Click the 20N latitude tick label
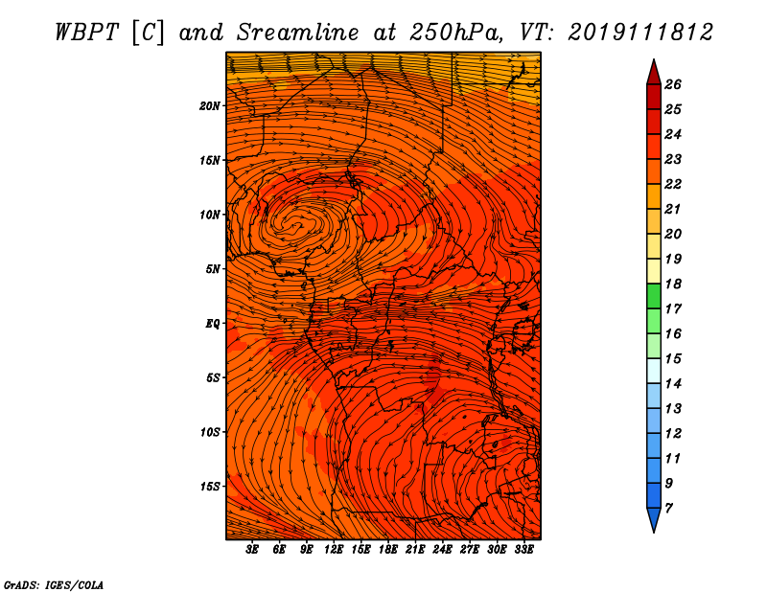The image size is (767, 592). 210,106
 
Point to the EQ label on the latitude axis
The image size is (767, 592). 212,324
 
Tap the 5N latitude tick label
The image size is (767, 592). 213,269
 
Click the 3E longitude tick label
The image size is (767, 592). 252,550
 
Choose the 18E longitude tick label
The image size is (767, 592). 388,550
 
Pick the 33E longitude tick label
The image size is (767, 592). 523,550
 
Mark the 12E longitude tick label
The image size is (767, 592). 334,550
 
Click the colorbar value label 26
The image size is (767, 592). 673,84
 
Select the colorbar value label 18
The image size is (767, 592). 673,284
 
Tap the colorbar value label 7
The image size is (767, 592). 668,509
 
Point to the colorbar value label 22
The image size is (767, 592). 673,184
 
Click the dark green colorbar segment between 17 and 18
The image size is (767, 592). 654,296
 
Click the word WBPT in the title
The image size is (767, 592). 86,33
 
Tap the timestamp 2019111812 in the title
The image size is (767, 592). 640,33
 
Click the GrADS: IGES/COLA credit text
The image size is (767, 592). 54,585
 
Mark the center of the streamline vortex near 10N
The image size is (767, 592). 296,225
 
